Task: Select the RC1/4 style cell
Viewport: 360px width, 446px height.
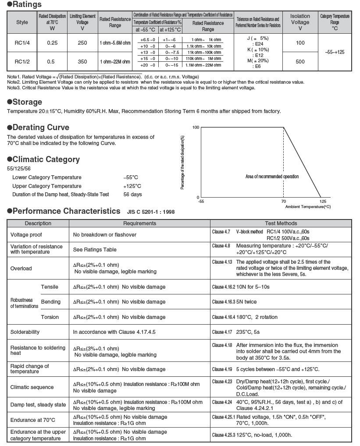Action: pos(22,42)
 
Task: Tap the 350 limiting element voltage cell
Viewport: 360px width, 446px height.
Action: pos(82,62)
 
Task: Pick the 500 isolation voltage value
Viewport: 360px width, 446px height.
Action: pos(300,62)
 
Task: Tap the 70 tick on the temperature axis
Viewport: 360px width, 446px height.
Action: pos(284,202)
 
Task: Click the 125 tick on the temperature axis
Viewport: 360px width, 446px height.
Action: pos(323,202)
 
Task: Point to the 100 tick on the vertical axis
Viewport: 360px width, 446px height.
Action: pos(196,127)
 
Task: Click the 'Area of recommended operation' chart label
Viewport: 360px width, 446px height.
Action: pos(272,177)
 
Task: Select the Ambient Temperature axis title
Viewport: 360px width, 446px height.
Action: pos(308,206)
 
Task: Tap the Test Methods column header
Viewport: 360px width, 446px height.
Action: pos(281,223)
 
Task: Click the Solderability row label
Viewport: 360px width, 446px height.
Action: pos(25,332)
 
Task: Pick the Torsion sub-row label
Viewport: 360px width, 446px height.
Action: pos(50,317)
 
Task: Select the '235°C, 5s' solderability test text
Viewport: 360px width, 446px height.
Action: pos(248,332)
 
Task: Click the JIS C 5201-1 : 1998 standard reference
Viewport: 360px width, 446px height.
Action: pos(151,212)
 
